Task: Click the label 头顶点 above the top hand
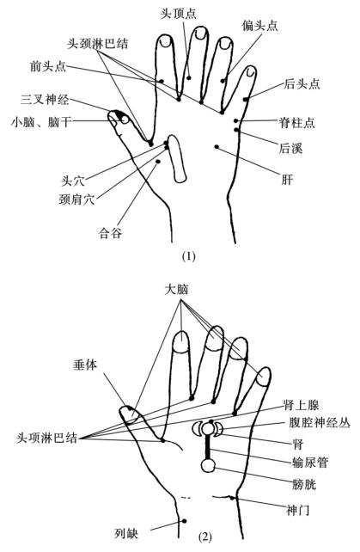pyautogui.click(x=179, y=14)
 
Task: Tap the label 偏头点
pyautogui.click(x=260, y=26)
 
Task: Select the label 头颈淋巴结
pyautogui.click(x=98, y=44)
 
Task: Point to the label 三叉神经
pyautogui.click(x=45, y=100)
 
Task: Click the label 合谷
pyautogui.click(x=110, y=233)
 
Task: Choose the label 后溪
pyautogui.click(x=290, y=148)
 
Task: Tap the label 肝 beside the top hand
pyautogui.click(x=287, y=180)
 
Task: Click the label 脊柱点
pyautogui.click(x=296, y=123)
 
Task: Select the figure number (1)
pyautogui.click(x=189, y=256)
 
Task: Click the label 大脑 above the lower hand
pyautogui.click(x=177, y=290)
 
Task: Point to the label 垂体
pyautogui.click(x=85, y=365)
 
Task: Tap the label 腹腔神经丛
pyautogui.click(x=320, y=422)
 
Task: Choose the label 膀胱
pyautogui.click(x=304, y=485)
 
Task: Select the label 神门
pyautogui.click(x=298, y=510)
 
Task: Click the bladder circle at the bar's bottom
pyautogui.click(x=208, y=465)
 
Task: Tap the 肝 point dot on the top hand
pyautogui.click(x=217, y=146)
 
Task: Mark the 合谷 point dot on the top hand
pyautogui.click(x=158, y=162)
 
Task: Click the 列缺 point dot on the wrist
pyautogui.click(x=184, y=521)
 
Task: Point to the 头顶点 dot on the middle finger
pyautogui.click(x=189, y=77)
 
